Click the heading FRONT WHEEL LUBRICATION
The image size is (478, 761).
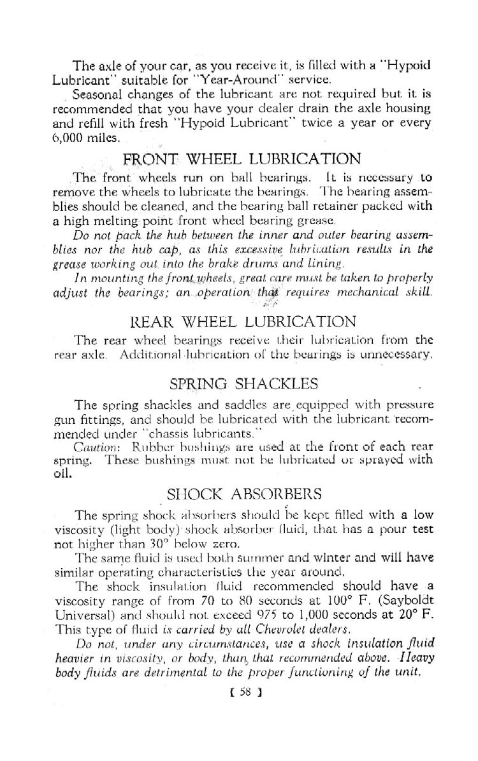[x=243, y=158]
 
